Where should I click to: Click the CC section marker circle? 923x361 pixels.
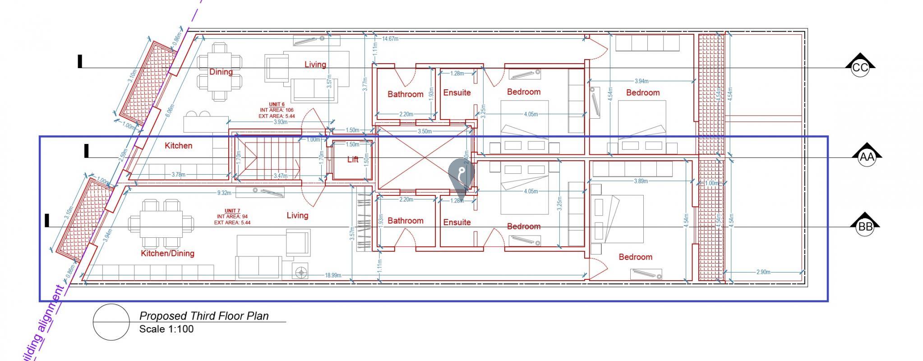tap(860, 68)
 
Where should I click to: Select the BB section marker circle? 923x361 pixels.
tap(865, 227)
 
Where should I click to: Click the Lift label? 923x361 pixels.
tap(353, 159)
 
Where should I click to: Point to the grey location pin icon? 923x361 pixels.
tap(461, 174)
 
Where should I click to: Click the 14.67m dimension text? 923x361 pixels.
tap(390, 39)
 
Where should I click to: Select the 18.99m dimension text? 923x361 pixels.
tap(333, 275)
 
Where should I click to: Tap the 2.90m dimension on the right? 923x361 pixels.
tap(763, 272)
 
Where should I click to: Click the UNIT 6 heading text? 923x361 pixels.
tap(277, 104)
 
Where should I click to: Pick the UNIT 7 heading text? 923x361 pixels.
tap(232, 211)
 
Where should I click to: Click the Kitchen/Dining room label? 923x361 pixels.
tap(167, 253)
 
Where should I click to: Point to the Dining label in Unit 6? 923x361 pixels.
tap(221, 72)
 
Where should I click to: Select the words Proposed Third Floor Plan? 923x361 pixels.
tap(204, 316)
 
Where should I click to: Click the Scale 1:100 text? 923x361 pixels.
tap(166, 329)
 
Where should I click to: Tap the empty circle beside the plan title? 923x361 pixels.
tap(111, 322)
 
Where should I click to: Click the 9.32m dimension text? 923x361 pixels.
tap(224, 193)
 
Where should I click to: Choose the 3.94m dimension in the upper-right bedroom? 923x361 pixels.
tap(641, 81)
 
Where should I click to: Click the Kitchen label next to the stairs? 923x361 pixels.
tap(178, 145)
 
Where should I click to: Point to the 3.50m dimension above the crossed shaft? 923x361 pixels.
tap(425, 131)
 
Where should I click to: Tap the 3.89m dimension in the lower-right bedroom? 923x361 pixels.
tap(641, 181)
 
